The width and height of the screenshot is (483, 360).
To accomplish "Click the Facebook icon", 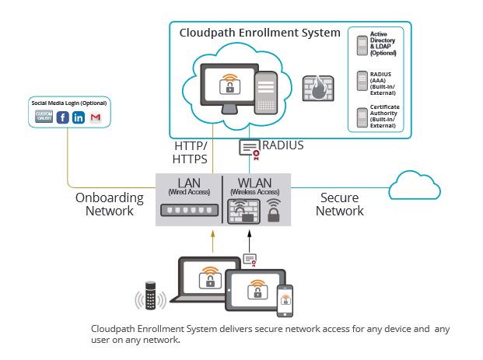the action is [x=62, y=117].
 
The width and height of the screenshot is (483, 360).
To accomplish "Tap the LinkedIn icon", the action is [x=79, y=117].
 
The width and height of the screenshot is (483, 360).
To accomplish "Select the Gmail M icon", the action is [x=96, y=117].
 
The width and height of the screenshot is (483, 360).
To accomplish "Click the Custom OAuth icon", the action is [x=44, y=117].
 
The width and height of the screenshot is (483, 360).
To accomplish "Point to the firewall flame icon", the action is [x=318, y=89].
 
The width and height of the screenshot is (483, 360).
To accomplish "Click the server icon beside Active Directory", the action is [x=362, y=46].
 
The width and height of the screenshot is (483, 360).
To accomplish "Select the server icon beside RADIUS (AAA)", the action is [x=362, y=81].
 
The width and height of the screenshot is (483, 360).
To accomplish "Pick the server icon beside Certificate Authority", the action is [x=362, y=117].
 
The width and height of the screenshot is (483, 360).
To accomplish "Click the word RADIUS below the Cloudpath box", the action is [x=283, y=145].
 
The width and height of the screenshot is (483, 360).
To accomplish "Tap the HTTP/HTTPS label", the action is [x=190, y=152].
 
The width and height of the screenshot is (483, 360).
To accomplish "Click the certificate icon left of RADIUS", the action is [x=250, y=150].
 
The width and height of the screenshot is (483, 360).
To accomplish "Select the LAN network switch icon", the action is [x=190, y=211].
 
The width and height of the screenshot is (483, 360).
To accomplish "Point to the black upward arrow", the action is [x=250, y=242].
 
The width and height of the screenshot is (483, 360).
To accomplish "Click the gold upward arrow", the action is [x=212, y=242].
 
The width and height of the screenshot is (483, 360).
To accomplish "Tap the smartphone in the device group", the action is [x=285, y=301].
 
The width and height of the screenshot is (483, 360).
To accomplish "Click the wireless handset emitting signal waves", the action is [x=150, y=295].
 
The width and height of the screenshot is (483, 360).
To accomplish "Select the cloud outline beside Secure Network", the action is [x=415, y=185].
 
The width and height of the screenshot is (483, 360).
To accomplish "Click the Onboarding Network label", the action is [x=110, y=204].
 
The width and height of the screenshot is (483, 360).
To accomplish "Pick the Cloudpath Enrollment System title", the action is [x=260, y=33].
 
